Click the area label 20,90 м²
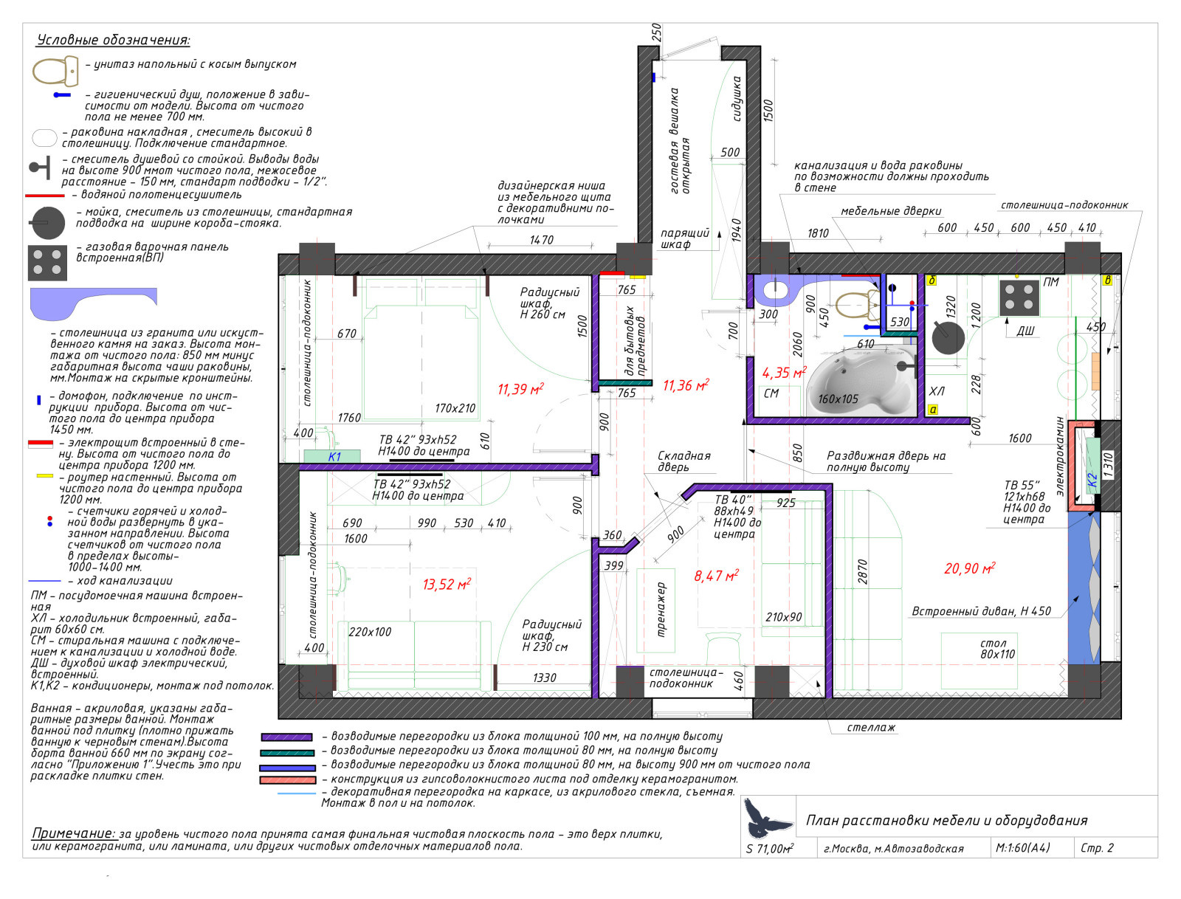pos(969,568)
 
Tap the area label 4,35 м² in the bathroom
pos(784,372)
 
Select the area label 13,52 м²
pos(447,584)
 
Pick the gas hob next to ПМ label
pos(1019,297)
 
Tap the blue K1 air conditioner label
pos(334,457)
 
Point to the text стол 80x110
pos(997,649)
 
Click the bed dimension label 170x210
pos(455,408)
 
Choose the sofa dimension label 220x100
pos(370,632)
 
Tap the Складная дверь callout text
pos(684,461)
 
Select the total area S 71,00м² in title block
pos(769,848)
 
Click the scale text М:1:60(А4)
pos(1022,848)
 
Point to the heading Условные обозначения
pos(113,40)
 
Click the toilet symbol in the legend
pos(55,71)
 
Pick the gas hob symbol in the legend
pos(47,263)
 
